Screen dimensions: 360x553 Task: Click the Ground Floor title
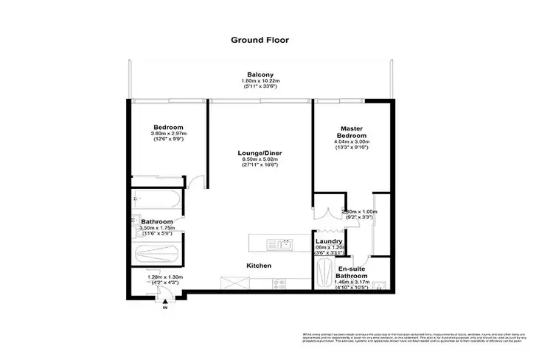(260, 41)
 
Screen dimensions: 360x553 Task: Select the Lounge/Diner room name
(260, 153)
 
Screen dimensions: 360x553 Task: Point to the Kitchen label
(259, 265)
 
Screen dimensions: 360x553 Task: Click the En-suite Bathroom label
(355, 274)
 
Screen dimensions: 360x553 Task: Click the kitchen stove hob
(279, 283)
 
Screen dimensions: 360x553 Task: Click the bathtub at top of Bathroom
(158, 198)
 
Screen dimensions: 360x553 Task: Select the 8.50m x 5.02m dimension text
(260, 160)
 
